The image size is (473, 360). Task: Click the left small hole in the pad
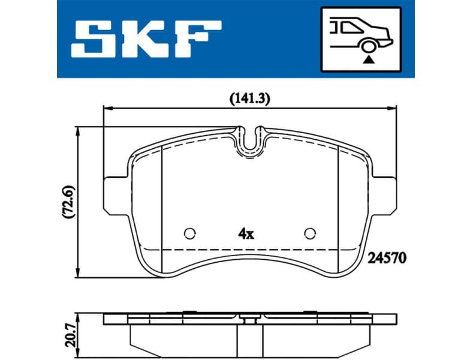pos(190,233)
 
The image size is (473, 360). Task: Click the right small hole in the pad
pos(310,233)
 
